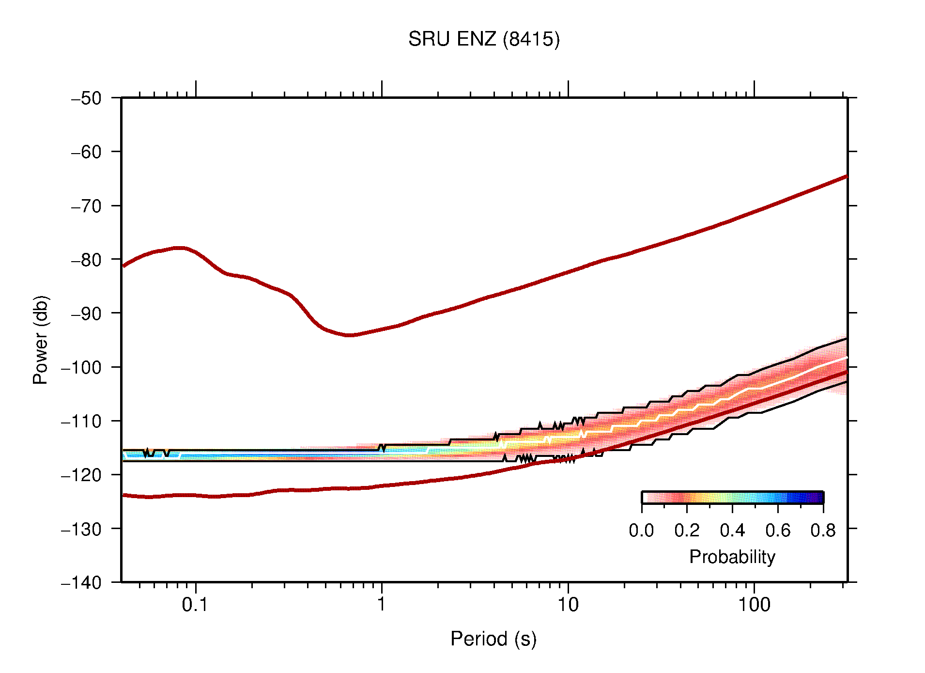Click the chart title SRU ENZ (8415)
pyautogui.click(x=483, y=39)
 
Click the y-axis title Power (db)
pyautogui.click(x=41, y=340)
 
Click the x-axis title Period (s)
pyautogui.click(x=493, y=639)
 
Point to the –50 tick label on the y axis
pyautogui.click(x=86, y=98)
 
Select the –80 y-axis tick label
pyautogui.click(x=86, y=260)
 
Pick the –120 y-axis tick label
pyautogui.click(x=81, y=475)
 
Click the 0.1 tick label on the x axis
pyautogui.click(x=195, y=605)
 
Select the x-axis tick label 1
pyautogui.click(x=382, y=605)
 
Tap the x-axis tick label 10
pyautogui.click(x=568, y=605)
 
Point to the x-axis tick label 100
pyautogui.click(x=754, y=605)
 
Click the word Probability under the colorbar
pyautogui.click(x=732, y=557)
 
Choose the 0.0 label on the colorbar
pyautogui.click(x=641, y=531)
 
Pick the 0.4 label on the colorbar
pyautogui.click(x=732, y=531)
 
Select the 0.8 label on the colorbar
pyautogui.click(x=823, y=531)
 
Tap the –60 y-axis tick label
pyautogui.click(x=86, y=152)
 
